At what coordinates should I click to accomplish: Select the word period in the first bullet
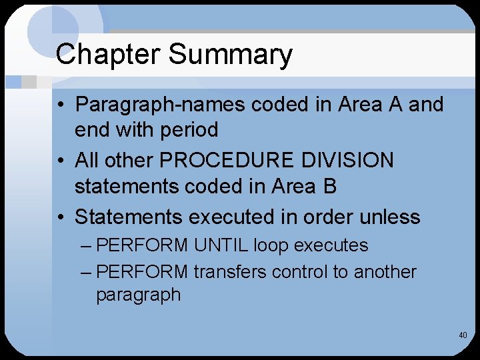coord(189,129)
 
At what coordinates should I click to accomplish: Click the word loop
coord(271,245)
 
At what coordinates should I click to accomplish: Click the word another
coord(385,272)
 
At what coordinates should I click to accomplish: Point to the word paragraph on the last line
coord(138,295)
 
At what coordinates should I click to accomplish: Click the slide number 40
coord(463,335)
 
